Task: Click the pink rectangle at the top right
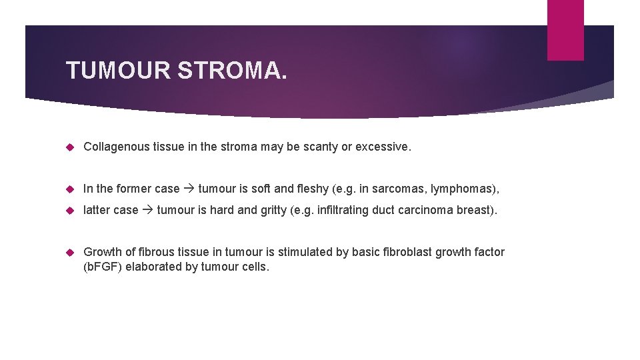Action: pos(565,30)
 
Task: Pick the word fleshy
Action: pos(313,189)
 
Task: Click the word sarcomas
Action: pos(397,189)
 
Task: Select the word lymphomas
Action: pos(463,189)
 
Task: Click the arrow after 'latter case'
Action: pos(148,210)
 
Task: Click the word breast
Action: pos(474,210)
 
